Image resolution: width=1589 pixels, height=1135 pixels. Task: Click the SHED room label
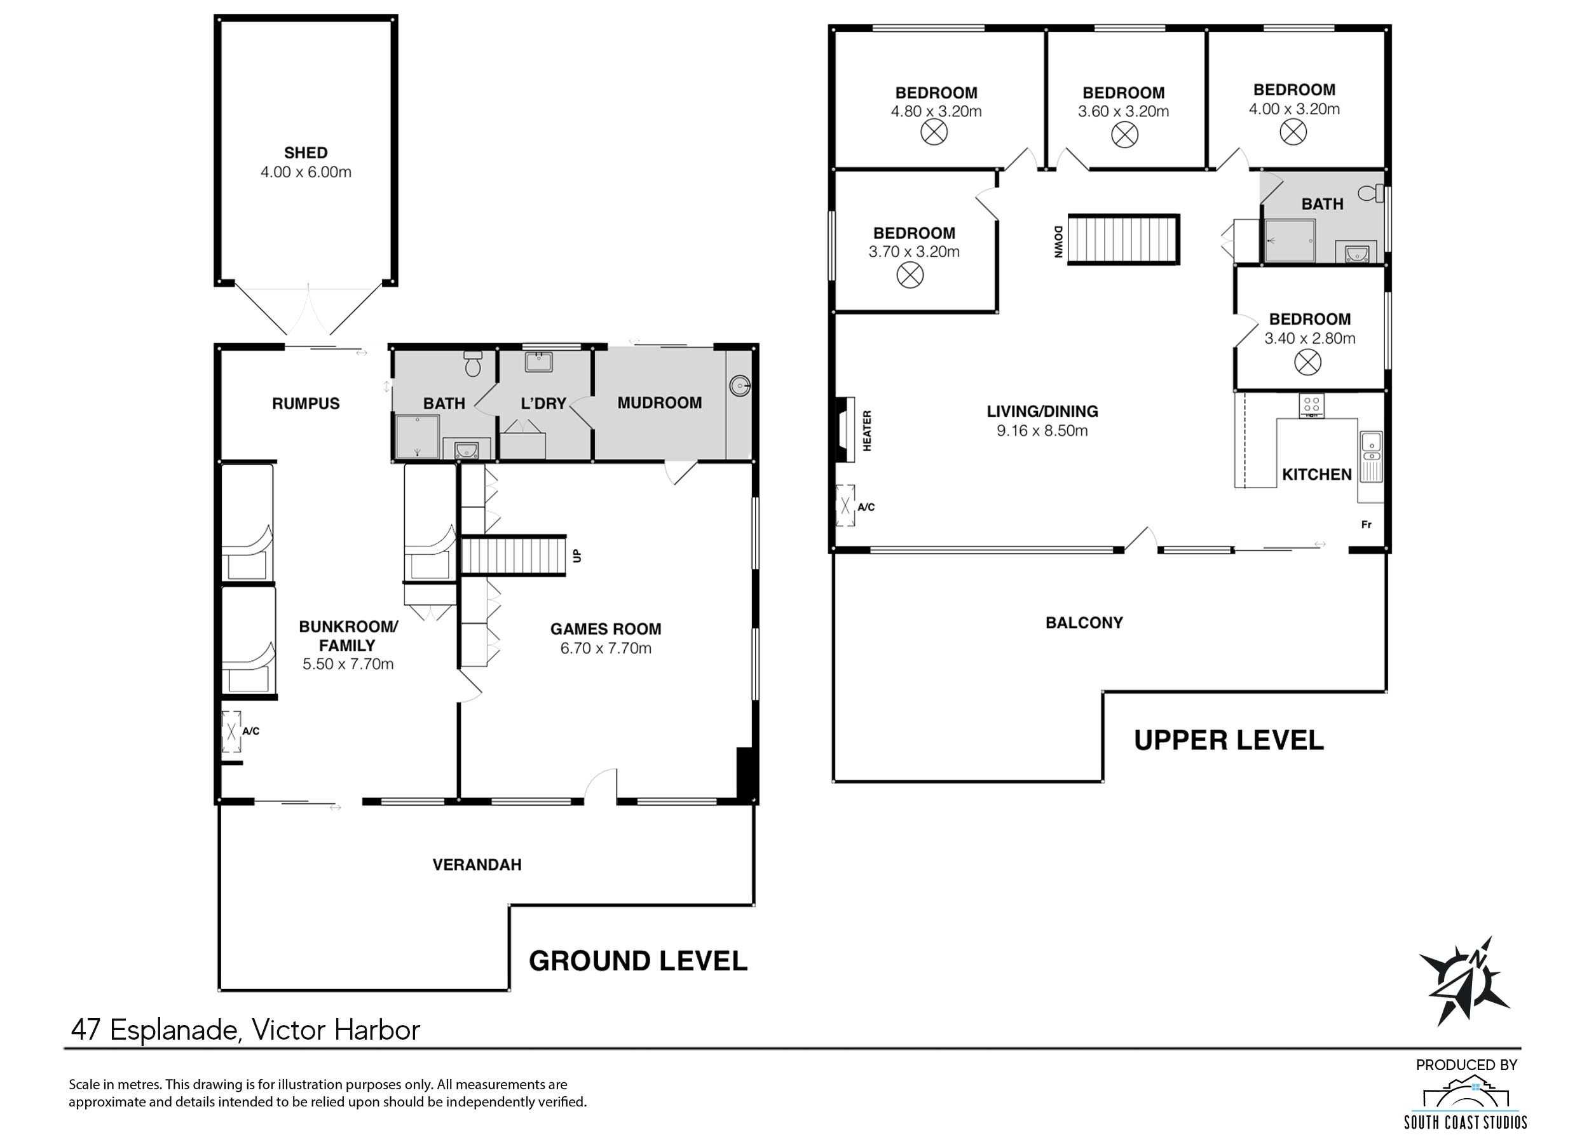[x=306, y=153]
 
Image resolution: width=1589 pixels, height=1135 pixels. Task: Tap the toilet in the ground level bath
[x=474, y=364]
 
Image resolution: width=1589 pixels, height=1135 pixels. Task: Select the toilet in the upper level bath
[x=1372, y=193]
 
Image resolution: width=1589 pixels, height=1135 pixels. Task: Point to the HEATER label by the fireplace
[x=867, y=430]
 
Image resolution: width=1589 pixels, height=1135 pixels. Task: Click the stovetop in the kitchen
[x=1311, y=405]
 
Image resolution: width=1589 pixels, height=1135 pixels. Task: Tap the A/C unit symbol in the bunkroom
[x=231, y=731]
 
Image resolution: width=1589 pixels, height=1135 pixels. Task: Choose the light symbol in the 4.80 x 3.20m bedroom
[x=934, y=132]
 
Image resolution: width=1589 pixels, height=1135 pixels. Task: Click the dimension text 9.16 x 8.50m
[x=1042, y=430]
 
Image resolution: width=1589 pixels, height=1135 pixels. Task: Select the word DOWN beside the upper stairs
[x=1058, y=242]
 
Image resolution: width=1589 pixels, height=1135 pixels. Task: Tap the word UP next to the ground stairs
[x=577, y=555]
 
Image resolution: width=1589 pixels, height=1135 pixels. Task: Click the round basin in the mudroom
[x=740, y=384]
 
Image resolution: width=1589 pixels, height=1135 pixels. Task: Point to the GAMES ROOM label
[x=605, y=629]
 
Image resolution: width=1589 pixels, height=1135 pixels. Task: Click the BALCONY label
[x=1084, y=623]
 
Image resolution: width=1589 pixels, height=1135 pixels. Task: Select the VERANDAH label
[x=477, y=865]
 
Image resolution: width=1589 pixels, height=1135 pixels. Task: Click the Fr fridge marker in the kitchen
[x=1366, y=525]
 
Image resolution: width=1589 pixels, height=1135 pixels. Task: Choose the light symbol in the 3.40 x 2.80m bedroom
[x=1307, y=362]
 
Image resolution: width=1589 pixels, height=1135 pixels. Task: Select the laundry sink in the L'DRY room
[x=538, y=362]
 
